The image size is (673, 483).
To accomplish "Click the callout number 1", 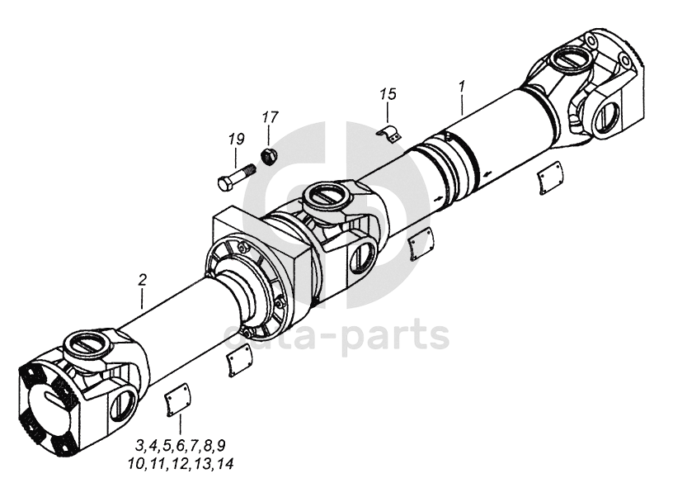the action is point(463,86).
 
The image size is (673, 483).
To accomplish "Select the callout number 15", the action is point(388,94).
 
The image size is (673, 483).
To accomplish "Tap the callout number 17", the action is point(270,117).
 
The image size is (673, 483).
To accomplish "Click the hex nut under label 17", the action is point(267,154).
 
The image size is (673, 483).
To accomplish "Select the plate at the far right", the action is point(550,179).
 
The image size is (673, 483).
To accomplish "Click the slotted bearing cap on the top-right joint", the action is point(567,60).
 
